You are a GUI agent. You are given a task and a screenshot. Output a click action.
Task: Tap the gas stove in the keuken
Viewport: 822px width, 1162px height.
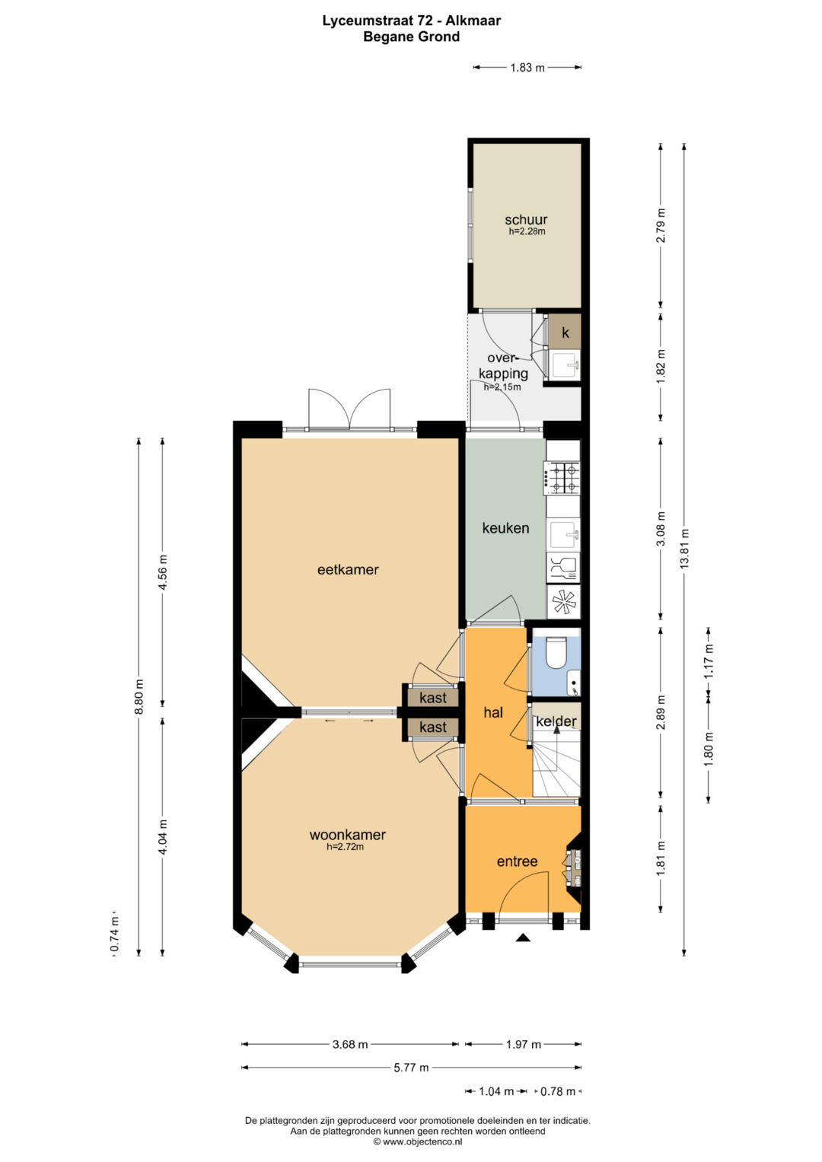(562, 478)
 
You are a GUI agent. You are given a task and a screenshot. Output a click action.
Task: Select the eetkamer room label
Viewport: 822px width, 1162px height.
(348, 570)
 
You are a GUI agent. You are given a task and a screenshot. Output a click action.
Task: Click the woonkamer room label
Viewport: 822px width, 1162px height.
(347, 835)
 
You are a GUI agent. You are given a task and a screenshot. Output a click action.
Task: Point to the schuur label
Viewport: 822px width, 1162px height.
(526, 219)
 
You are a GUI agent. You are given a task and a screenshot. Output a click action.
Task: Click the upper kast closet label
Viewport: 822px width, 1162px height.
(433, 698)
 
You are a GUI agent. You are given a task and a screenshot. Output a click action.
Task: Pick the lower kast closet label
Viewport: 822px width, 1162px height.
(433, 727)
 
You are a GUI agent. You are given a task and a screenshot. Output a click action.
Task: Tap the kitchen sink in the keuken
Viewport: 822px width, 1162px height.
(564, 535)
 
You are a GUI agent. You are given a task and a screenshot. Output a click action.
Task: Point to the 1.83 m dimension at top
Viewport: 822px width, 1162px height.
(527, 68)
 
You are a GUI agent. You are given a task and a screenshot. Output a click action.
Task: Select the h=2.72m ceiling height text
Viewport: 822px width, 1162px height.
(345, 847)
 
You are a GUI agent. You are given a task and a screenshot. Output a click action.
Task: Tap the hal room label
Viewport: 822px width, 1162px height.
(493, 712)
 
